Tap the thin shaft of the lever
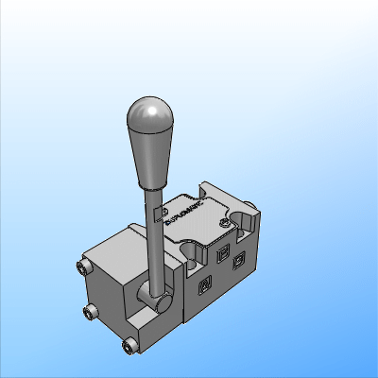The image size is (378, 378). (x=151, y=236)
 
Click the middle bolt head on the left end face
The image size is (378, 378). (x=91, y=313)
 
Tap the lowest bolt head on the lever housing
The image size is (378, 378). (x=129, y=346)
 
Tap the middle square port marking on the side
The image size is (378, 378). (x=223, y=253)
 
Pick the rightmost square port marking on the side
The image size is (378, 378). (x=239, y=258)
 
